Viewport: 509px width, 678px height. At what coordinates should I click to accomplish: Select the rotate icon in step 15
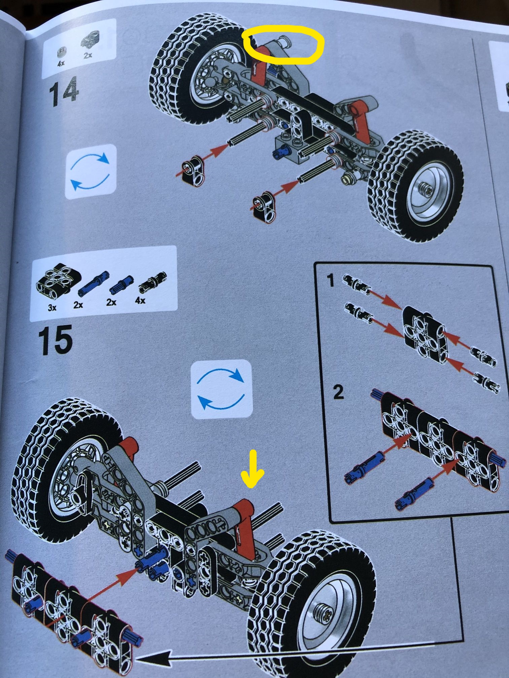(221, 389)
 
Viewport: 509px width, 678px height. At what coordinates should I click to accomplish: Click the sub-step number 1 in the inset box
(331, 280)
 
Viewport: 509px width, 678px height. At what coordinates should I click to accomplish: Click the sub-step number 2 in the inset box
(338, 392)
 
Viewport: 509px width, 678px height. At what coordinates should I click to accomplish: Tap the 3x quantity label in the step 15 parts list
(52, 307)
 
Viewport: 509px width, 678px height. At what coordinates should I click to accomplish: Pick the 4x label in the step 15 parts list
(140, 300)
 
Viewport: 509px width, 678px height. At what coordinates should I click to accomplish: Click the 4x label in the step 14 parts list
(61, 63)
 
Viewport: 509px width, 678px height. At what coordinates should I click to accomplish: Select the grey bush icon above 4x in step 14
(61, 52)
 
